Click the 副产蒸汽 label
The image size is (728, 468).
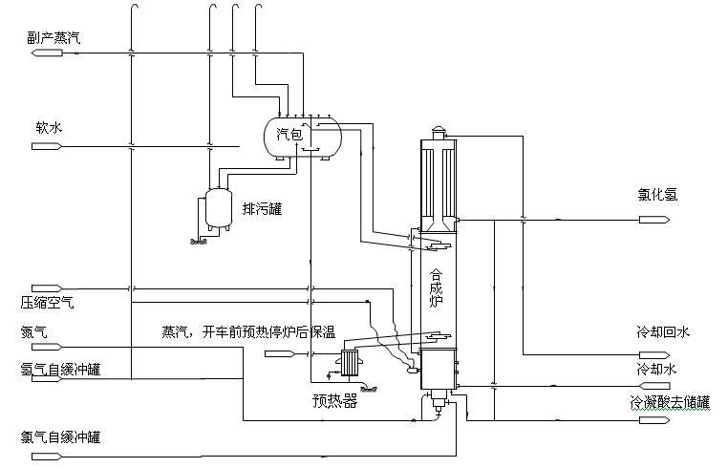tap(54, 36)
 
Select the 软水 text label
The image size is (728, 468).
tap(49, 127)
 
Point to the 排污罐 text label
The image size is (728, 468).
tap(262, 208)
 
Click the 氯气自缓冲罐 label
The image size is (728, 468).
tap(60, 438)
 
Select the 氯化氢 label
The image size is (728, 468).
tap(658, 195)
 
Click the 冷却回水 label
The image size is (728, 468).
tap(663, 332)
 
